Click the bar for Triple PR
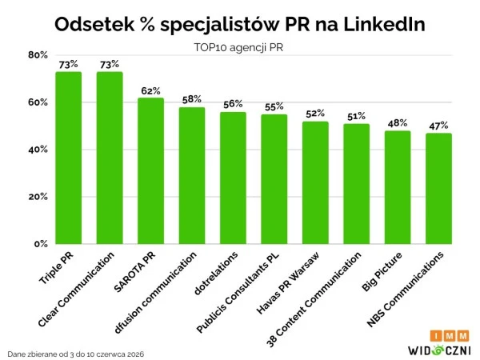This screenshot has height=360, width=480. click(x=69, y=158)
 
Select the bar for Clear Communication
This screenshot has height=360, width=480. click(x=110, y=158)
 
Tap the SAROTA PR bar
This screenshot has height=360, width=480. click(x=150, y=171)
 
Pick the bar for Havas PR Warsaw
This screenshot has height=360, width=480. click(x=315, y=182)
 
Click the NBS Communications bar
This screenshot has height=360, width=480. click(x=438, y=189)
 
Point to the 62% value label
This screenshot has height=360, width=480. click(x=150, y=91)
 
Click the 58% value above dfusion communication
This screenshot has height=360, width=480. click(x=192, y=99)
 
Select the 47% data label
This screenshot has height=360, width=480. click(x=438, y=126)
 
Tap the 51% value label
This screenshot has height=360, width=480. click(x=356, y=116)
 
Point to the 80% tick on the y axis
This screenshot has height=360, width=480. click(x=38, y=55)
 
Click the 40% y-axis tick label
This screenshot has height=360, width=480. click(x=38, y=150)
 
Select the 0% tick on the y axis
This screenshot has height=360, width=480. click(x=41, y=244)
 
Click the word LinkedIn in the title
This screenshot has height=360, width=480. click(x=384, y=24)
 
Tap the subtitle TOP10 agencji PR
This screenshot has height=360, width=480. click(x=238, y=47)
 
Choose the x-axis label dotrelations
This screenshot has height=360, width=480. click(x=216, y=274)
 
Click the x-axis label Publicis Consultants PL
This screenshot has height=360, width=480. click(x=238, y=293)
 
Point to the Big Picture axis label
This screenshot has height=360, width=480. click(x=382, y=271)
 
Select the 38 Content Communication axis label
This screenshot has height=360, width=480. click(x=314, y=300)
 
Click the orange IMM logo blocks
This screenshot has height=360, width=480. click(x=450, y=336)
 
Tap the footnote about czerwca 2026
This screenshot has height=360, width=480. click(x=76, y=354)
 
